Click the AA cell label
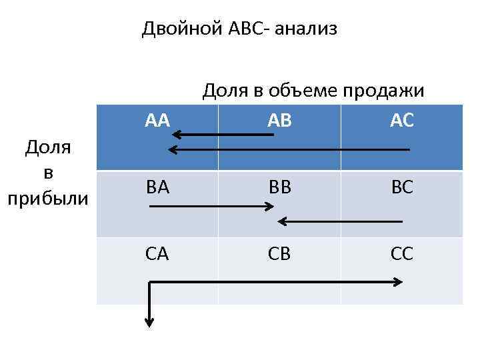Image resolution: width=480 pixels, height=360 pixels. (x=158, y=120)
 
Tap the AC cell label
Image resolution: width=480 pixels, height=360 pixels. (x=402, y=120)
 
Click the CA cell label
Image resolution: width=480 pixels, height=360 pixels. (x=157, y=254)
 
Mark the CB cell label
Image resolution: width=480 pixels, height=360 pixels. (x=279, y=254)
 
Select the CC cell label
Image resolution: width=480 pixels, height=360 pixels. (x=402, y=254)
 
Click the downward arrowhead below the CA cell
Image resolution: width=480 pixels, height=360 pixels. (x=150, y=323)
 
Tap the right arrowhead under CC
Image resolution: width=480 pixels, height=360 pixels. (x=398, y=282)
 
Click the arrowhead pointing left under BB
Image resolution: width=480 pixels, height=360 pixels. (x=281, y=221)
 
